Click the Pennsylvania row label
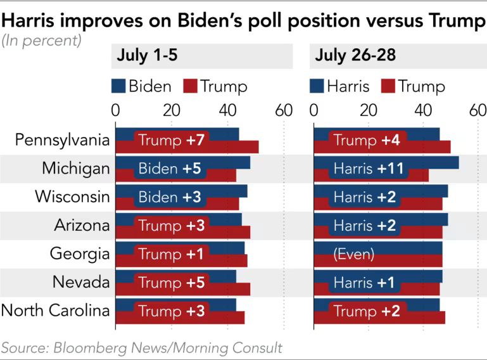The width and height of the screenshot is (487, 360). click(62, 140)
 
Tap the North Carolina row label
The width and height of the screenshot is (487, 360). click(56, 311)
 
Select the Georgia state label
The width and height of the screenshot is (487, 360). click(80, 254)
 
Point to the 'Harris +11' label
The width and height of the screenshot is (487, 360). click(368, 169)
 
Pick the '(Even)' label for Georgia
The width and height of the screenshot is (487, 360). click(353, 254)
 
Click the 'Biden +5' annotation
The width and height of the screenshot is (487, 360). click(169, 169)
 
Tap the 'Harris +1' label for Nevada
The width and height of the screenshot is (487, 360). click(364, 283)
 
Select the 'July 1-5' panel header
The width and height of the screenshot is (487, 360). click(147, 56)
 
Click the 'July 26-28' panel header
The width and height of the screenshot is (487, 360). click(355, 56)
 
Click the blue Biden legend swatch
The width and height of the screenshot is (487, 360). click(119, 86)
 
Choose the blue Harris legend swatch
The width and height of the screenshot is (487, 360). click(317, 86)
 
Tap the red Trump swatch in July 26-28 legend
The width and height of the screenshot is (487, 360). click(388, 86)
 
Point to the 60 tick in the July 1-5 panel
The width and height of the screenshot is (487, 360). click(283, 110)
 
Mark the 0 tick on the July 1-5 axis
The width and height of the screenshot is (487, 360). click(115, 110)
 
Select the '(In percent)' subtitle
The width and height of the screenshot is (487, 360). click(41, 41)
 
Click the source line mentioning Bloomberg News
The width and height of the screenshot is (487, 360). click(141, 347)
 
